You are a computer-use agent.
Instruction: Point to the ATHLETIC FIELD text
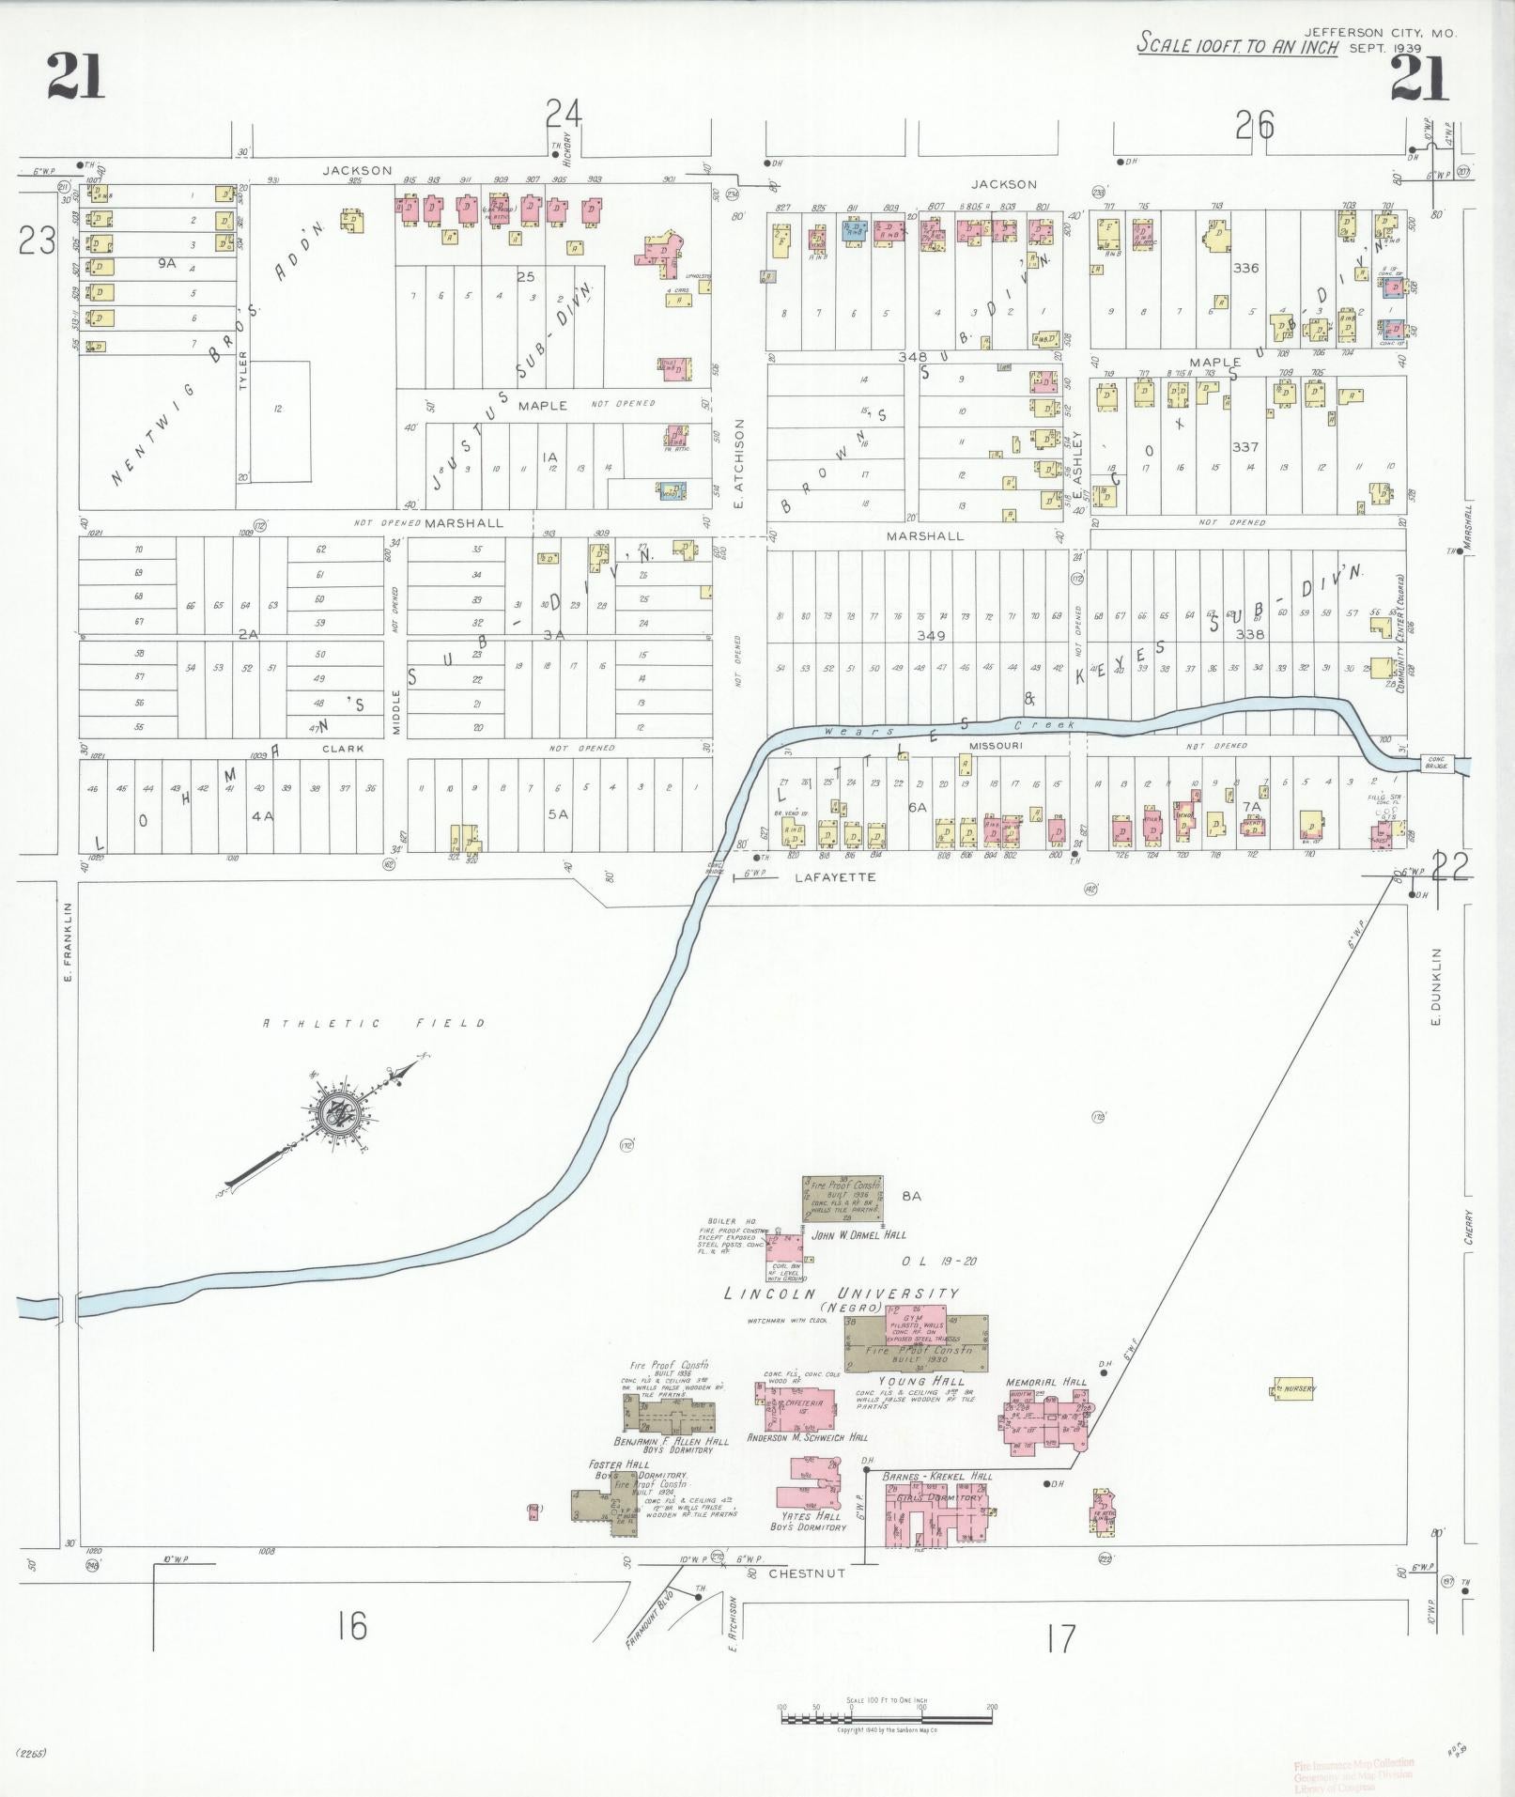pos(374,1023)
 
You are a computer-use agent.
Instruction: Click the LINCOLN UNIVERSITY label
pos(842,1294)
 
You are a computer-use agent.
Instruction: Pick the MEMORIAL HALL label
pos(1045,1383)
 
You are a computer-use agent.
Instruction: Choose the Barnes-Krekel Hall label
pos(937,1476)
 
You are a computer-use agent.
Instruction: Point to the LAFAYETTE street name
pos(835,876)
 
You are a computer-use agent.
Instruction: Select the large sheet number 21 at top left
pos(76,76)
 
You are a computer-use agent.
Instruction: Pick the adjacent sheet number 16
pos(352,1624)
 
